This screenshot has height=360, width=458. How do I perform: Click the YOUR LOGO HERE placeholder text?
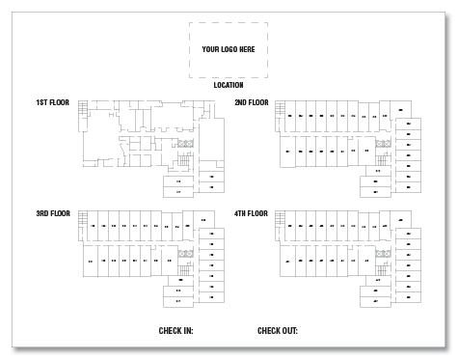(x=229, y=48)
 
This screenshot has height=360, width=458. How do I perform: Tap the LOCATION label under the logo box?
(x=229, y=85)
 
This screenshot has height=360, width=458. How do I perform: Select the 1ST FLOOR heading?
(x=53, y=102)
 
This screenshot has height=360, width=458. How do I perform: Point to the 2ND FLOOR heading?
(x=252, y=102)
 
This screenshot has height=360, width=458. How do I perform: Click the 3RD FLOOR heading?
(x=53, y=213)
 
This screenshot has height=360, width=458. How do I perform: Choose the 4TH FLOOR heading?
(x=252, y=213)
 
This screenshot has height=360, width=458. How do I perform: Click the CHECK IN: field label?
(x=175, y=331)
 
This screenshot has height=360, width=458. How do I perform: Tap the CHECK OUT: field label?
(x=278, y=331)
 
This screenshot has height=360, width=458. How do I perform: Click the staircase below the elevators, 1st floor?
(x=186, y=156)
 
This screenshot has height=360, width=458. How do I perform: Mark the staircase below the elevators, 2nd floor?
(x=384, y=156)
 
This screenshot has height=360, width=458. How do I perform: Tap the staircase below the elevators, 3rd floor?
(x=186, y=266)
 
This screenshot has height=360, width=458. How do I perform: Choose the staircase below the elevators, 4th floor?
(x=384, y=266)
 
